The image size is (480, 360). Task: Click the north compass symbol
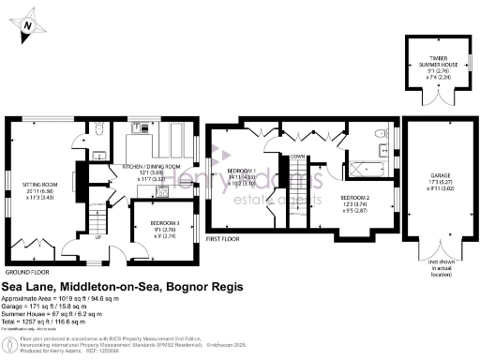click(x=27, y=24)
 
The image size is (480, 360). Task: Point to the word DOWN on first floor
click(x=297, y=157)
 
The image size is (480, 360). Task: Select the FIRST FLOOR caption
click(x=225, y=239)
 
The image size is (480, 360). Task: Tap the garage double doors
click(x=435, y=251)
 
